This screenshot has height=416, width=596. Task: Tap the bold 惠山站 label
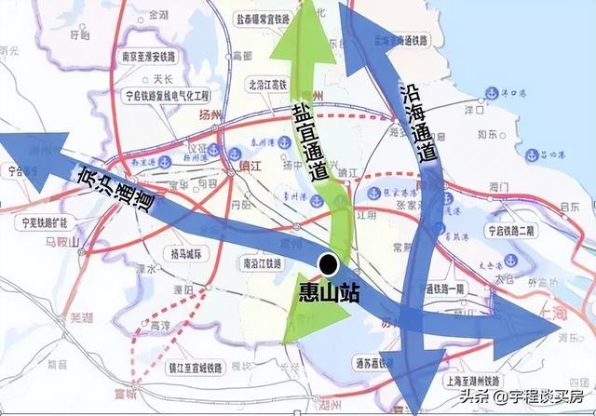tap(332, 290)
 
